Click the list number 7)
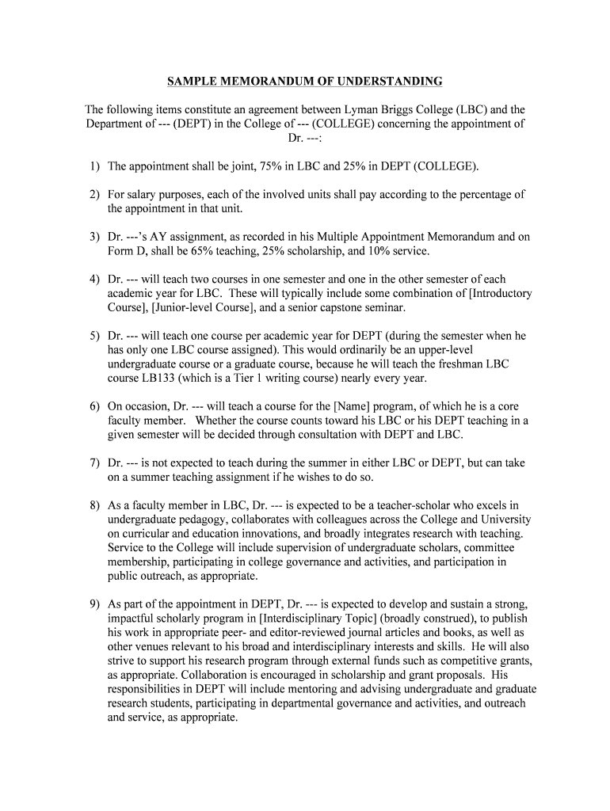pyautogui.click(x=94, y=463)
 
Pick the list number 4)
pyautogui.click(x=94, y=280)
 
